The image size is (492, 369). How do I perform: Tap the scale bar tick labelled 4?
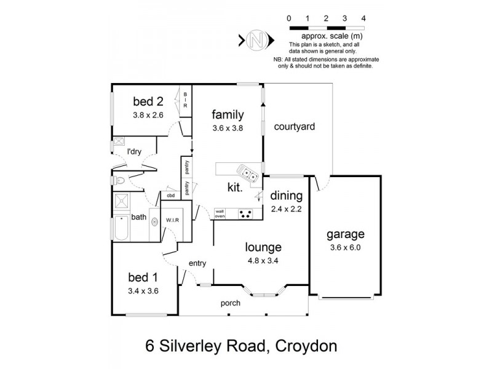(364, 19)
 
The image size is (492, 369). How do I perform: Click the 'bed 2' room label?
(147, 101)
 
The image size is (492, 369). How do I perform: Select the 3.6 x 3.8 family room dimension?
(228, 129)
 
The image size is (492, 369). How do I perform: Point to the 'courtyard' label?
(294, 127)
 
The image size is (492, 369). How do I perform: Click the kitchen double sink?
(248, 174)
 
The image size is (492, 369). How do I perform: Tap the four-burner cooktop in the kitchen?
(246, 215)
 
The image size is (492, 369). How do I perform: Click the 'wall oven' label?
(220, 215)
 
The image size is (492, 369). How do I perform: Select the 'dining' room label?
(287, 196)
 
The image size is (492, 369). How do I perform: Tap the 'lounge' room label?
(263, 247)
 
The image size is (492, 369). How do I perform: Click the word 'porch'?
(231, 303)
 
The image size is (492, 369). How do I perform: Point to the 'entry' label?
(197, 263)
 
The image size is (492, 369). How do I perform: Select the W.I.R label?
(171, 220)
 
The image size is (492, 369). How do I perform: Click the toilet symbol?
(120, 181)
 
